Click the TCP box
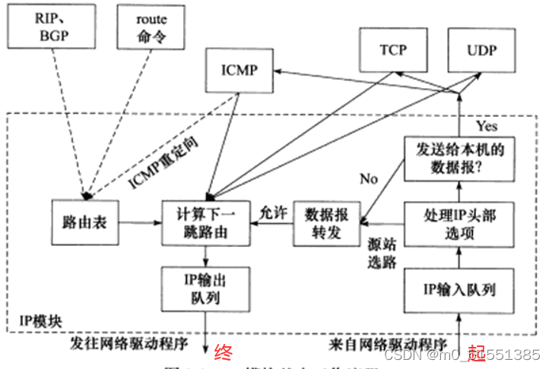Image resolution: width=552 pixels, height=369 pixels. (393, 50)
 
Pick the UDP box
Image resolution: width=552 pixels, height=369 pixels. (481, 50)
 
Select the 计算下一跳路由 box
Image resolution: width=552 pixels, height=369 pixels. (205, 222)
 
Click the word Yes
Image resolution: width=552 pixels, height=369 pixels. (487, 125)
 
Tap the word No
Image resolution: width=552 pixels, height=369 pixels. (370, 179)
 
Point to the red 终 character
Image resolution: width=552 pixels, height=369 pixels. (223, 352)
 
